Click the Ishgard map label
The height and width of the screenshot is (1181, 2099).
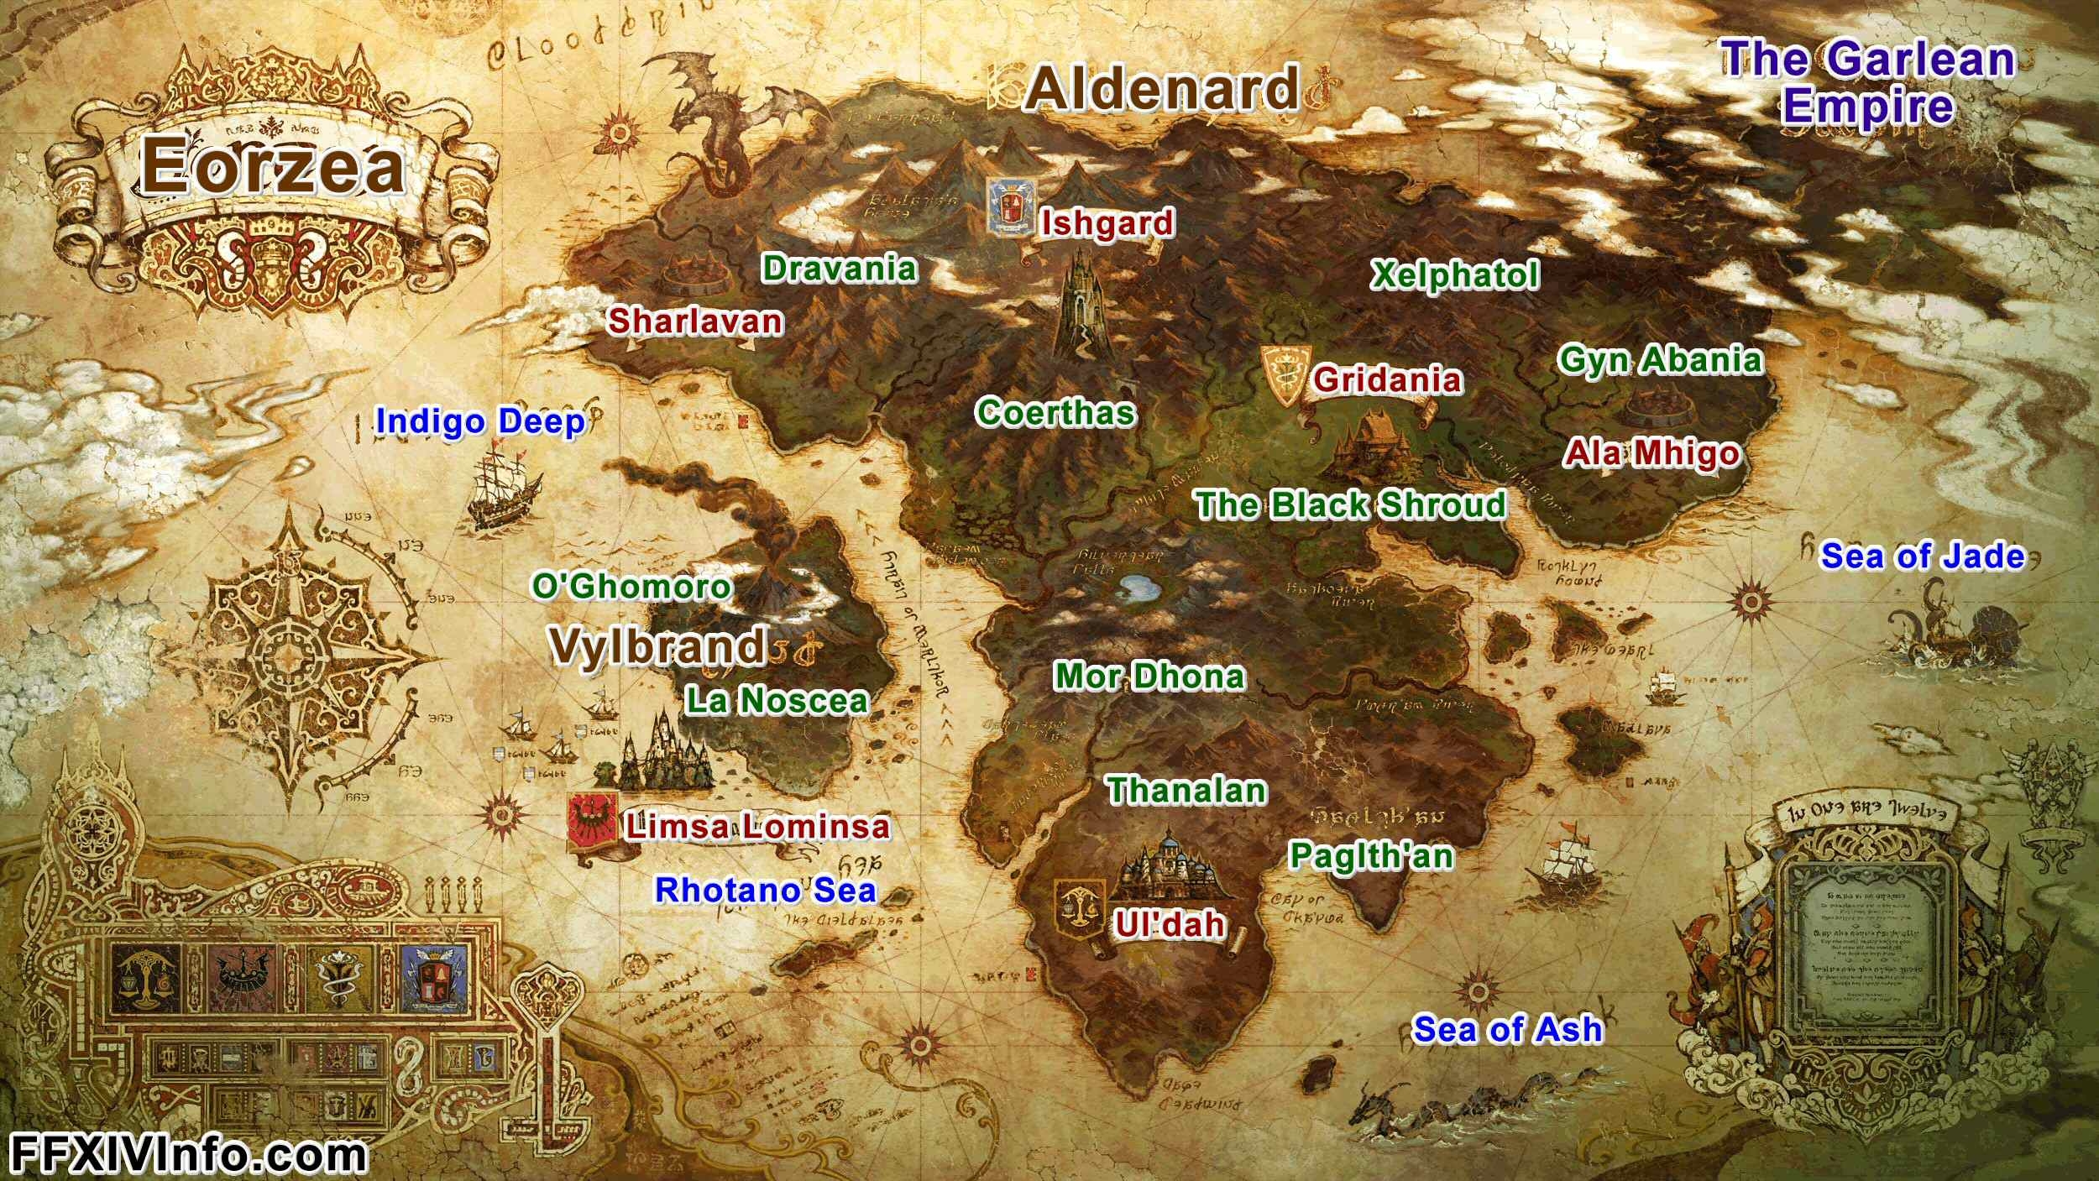click(x=1107, y=223)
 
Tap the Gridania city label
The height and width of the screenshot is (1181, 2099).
click(x=1387, y=379)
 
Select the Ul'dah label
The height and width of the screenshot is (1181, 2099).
click(x=1170, y=924)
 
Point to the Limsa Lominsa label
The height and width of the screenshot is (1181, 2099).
click(x=756, y=827)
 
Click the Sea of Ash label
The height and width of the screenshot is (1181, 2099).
click(x=1507, y=1029)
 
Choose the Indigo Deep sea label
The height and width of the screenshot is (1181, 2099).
click(x=479, y=421)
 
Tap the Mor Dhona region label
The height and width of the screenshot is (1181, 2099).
click(x=1149, y=677)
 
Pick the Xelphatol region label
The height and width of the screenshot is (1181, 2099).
click(x=1454, y=275)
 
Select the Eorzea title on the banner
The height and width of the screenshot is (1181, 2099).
click(x=272, y=165)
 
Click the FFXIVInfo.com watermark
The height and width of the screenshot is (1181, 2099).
click(x=188, y=1155)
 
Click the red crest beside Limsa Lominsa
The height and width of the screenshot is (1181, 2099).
click(x=593, y=820)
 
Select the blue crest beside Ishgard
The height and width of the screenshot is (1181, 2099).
click(x=1010, y=204)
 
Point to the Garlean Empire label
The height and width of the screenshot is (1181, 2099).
click(x=1867, y=82)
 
